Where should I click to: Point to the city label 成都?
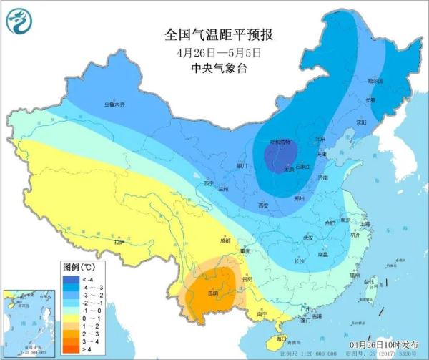coord(226,241)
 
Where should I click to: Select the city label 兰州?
coord(224,189)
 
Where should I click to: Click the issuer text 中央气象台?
coord(210,69)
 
